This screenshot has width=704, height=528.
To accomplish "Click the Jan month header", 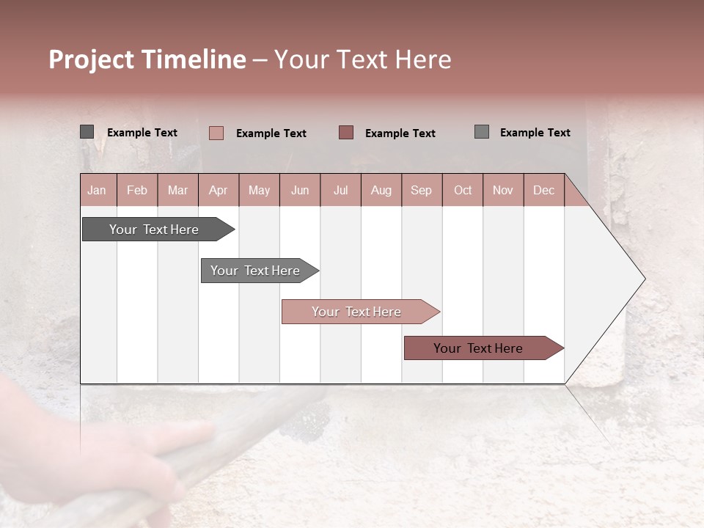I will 97,190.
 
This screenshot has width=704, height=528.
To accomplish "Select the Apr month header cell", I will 218,190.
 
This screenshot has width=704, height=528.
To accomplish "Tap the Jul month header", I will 340,190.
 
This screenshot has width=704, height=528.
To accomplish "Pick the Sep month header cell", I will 421,190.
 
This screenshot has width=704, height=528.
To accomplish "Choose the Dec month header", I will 543,190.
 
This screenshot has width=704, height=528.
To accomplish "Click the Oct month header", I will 463,190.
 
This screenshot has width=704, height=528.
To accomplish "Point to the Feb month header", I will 137,190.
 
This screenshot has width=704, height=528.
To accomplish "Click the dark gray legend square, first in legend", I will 87,132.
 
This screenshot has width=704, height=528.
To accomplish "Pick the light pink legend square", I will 216,133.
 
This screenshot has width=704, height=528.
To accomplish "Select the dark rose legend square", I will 346,132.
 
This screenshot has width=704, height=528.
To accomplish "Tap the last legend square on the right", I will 481,132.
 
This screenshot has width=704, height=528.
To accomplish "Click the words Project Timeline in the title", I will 147,59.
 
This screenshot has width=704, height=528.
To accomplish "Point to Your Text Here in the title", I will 362,59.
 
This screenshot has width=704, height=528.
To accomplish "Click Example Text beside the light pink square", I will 271,133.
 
